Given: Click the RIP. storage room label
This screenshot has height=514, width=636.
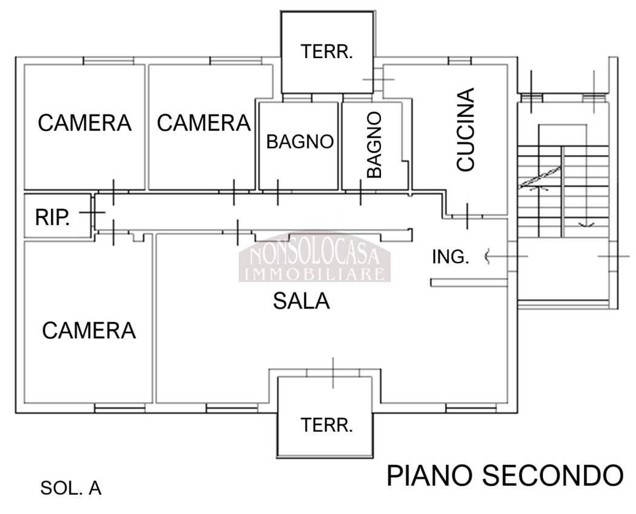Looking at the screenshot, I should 51,218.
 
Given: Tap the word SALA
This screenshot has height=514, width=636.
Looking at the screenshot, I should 301,301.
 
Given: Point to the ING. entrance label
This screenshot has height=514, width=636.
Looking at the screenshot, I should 450,257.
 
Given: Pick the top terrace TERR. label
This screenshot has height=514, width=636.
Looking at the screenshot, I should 327,52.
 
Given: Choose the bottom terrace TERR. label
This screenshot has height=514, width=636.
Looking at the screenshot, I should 327,425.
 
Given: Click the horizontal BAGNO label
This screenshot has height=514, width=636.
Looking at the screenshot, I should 300,142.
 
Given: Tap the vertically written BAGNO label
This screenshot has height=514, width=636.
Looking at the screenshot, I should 375,144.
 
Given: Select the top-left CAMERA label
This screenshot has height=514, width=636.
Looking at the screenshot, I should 85,123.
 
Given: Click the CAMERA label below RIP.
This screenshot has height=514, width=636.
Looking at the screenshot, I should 89,331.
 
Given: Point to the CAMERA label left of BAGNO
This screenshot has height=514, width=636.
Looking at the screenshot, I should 204,123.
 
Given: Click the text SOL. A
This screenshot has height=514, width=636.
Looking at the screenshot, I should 71,488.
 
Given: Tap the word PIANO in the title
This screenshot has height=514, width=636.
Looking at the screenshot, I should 431,476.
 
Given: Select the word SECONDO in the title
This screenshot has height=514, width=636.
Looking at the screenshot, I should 553,476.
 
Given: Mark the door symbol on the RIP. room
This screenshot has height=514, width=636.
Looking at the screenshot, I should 92,213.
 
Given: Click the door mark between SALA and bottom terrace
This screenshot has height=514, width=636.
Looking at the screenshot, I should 334,372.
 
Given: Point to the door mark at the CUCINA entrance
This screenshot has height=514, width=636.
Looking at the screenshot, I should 468,216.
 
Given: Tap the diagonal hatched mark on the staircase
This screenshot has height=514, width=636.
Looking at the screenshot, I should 538,177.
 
